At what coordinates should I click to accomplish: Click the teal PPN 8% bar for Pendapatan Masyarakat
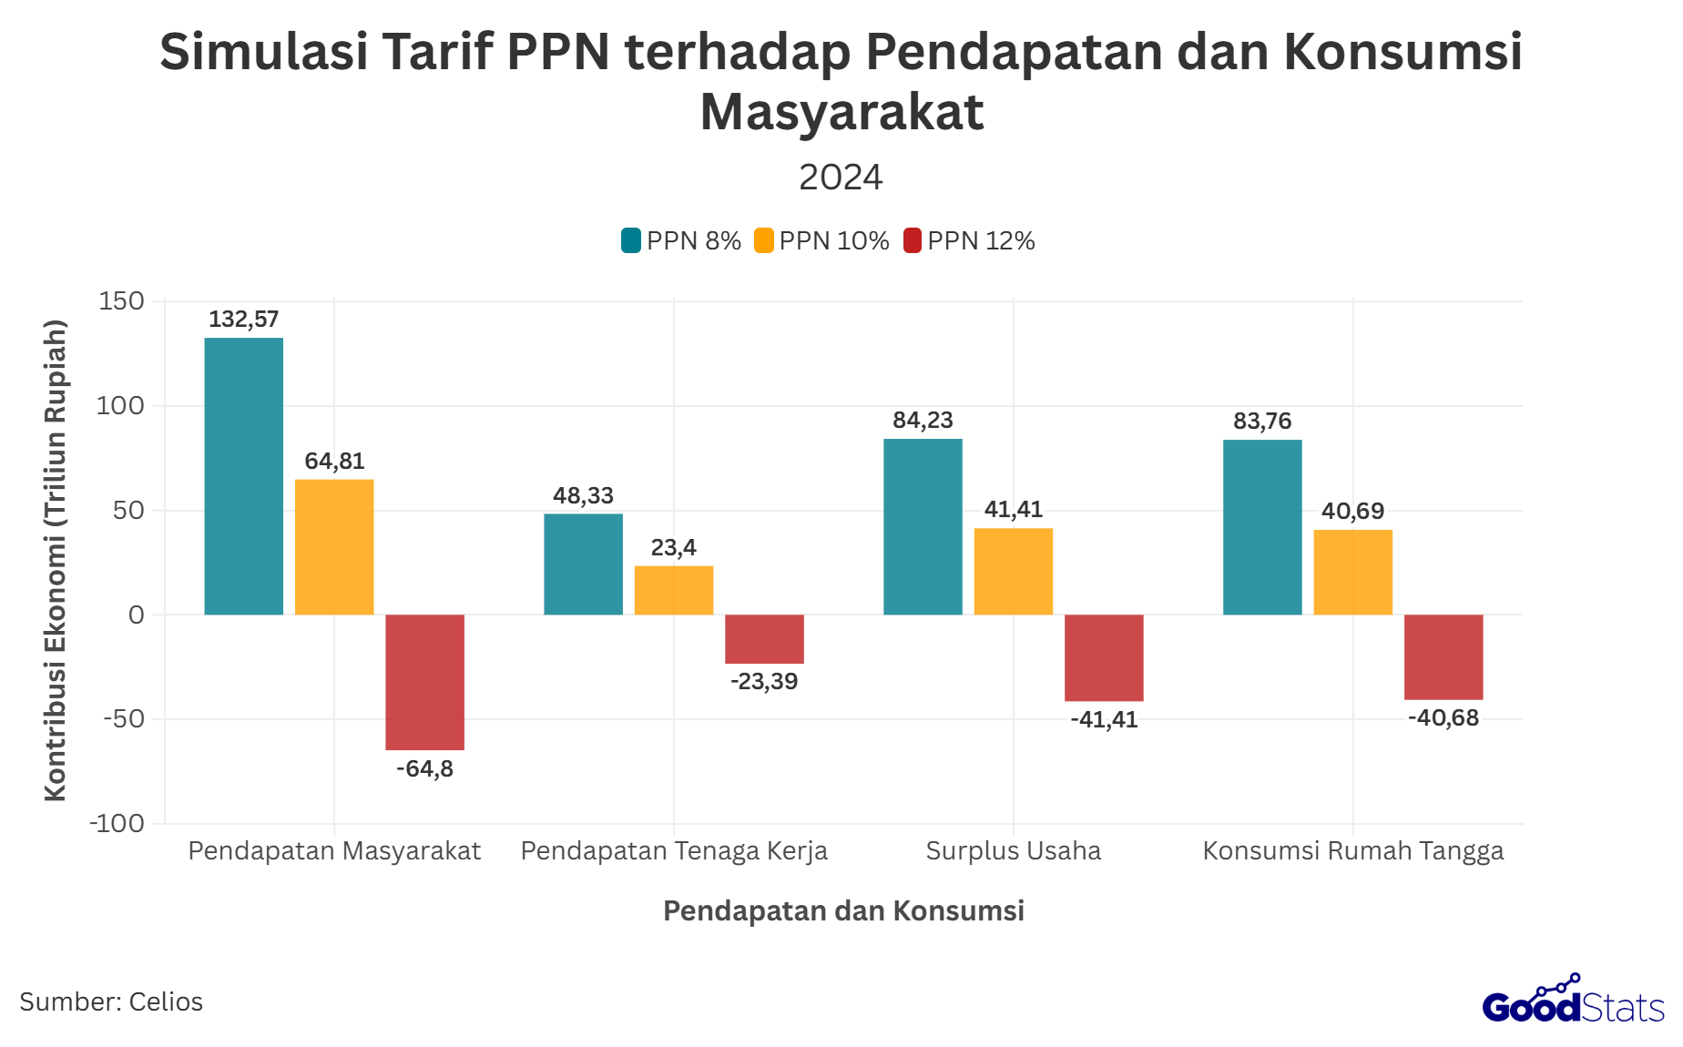243,476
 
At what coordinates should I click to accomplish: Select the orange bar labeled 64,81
334,547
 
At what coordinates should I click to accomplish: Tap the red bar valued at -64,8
424,682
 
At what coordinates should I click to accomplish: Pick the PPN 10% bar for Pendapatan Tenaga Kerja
674,590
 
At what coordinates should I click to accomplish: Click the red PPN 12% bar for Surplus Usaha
1104,657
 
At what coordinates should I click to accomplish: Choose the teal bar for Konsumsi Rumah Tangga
1262,527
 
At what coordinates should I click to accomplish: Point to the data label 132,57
243,320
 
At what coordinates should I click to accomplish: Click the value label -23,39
764,682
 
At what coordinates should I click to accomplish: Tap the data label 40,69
1352,511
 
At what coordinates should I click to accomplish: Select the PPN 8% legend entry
681,240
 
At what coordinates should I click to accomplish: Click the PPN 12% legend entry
969,240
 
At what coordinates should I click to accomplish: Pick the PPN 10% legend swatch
764,240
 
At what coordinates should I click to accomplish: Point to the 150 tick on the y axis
122,301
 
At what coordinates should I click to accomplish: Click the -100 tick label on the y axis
117,823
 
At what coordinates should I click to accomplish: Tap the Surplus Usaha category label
1013,850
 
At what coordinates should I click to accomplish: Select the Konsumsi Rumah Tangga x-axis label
1352,850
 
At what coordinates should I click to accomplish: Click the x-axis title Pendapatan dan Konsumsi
843,910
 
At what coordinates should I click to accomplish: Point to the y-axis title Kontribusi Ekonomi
56,560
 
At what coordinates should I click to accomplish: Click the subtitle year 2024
841,178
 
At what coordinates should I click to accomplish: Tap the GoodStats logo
1573,1001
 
